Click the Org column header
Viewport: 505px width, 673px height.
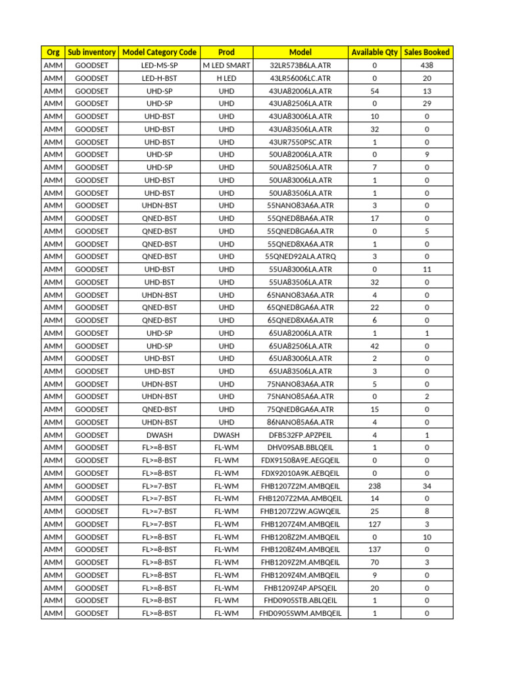(53, 52)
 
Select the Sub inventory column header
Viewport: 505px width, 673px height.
(92, 52)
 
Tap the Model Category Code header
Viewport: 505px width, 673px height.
(160, 52)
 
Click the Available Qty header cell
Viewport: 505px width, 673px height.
(374, 52)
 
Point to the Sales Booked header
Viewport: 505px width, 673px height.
(427, 52)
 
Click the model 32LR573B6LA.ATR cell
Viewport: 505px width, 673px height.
(301, 65)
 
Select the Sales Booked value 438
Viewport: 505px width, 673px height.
(427, 65)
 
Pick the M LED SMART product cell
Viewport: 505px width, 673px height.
(226, 65)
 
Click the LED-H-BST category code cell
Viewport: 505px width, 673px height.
(160, 78)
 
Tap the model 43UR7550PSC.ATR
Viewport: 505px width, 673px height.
(301, 142)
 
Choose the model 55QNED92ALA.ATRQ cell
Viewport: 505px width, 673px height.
(301, 256)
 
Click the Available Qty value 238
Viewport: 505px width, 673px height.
(374, 486)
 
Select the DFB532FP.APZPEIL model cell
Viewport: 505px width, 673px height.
(301, 435)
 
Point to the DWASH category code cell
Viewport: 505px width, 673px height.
(160, 435)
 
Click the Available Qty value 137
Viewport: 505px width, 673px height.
(374, 549)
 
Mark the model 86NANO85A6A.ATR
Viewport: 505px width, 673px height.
(301, 422)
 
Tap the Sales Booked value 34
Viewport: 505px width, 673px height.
(427, 486)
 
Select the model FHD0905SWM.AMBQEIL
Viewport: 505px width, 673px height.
(301, 613)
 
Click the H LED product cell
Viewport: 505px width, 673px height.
(226, 78)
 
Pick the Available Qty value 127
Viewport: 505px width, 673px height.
(374, 524)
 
